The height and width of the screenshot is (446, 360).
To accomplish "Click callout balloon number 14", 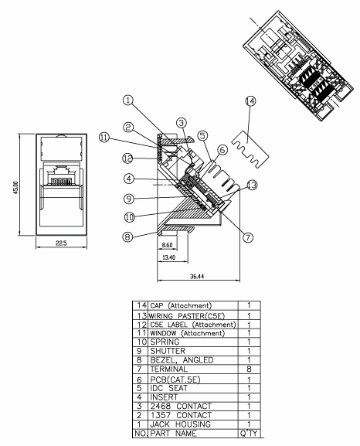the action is coord(250,101).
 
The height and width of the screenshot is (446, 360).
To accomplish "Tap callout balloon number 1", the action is coord(128,100).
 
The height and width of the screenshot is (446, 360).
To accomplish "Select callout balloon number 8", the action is coord(127,237).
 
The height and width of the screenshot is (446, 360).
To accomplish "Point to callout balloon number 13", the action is coord(252,186).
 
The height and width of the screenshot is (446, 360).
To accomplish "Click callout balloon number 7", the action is coord(248,237).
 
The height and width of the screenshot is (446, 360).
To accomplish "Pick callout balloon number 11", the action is coord(104,138).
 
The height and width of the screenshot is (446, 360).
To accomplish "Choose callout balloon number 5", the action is coord(202,135).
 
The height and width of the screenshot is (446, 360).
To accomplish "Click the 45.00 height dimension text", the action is coord(15,188).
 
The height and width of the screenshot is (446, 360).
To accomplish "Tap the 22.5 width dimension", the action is coord(61,243).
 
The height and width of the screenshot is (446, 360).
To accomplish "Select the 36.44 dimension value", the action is coord(197,276).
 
